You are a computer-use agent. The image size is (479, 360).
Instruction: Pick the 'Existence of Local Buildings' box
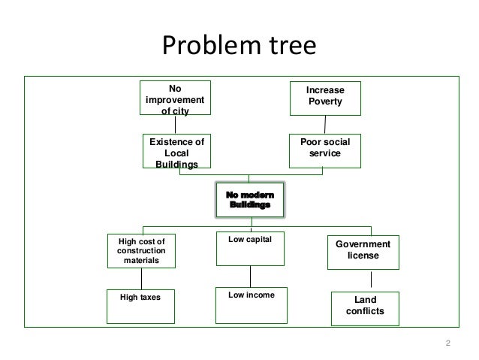[177, 152]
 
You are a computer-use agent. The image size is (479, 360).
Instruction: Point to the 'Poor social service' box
[325, 148]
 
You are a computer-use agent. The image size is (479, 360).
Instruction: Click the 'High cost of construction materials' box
[141, 250]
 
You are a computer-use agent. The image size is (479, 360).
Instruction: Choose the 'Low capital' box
[250, 249]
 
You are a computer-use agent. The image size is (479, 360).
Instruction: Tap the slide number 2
[448, 344]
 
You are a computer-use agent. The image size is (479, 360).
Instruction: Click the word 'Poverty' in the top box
[325, 101]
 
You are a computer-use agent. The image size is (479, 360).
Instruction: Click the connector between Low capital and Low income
[250, 276]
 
